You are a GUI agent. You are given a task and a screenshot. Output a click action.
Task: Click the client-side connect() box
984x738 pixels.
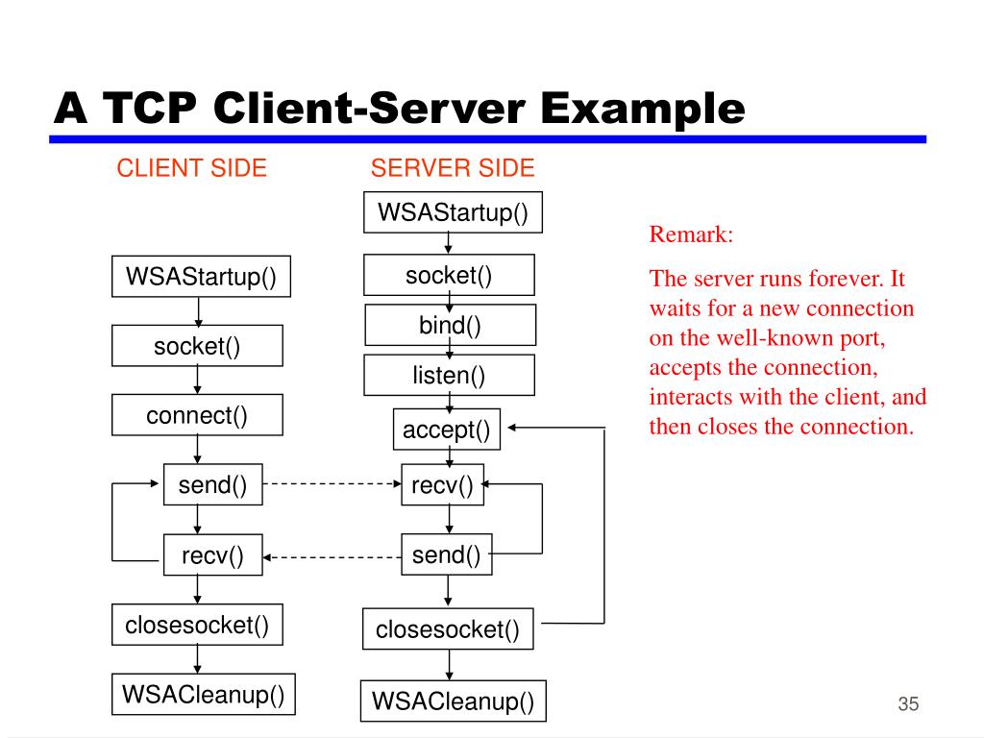click(x=197, y=415)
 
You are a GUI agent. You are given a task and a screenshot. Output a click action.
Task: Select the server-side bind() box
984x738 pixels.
click(x=449, y=325)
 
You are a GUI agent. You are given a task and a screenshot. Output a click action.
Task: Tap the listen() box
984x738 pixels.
click(x=449, y=375)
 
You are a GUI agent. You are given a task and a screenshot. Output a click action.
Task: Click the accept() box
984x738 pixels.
click(x=446, y=430)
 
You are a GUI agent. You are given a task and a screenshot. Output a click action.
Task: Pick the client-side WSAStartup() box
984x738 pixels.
click(x=200, y=278)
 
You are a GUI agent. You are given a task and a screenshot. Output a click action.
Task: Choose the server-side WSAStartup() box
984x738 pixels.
click(x=453, y=211)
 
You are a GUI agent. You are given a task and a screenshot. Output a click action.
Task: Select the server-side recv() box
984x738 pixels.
click(x=442, y=485)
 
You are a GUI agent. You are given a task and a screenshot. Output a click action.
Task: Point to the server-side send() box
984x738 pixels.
click(x=446, y=554)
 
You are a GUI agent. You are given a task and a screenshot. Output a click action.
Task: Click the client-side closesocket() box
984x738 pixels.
click(x=197, y=626)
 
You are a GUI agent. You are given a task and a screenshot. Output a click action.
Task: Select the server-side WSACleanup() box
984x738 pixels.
click(x=453, y=701)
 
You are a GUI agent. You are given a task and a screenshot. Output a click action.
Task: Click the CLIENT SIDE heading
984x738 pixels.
click(x=191, y=168)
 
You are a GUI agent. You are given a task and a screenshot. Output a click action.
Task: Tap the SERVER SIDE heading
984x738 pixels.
click(x=453, y=168)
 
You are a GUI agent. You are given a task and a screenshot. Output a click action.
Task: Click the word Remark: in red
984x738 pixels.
click(x=691, y=234)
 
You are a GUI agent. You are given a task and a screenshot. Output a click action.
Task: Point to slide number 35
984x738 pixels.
click(x=908, y=703)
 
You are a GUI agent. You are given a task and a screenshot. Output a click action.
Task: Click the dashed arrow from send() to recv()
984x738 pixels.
click(x=332, y=484)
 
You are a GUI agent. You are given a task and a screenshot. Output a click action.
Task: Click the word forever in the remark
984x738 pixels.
click(x=846, y=280)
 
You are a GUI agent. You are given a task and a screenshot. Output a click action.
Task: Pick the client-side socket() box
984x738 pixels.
click(x=197, y=346)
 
